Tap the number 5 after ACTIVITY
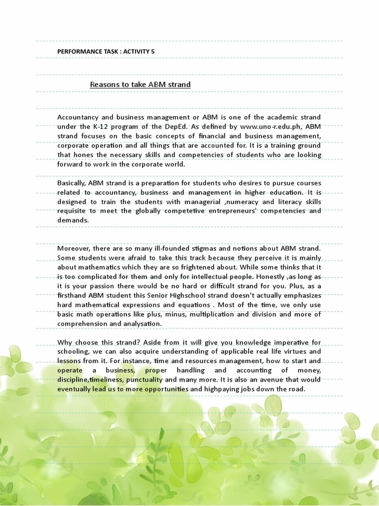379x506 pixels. click(x=152, y=51)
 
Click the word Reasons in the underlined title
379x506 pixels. click(x=104, y=84)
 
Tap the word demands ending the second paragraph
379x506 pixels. click(x=73, y=220)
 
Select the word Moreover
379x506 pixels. click(x=74, y=248)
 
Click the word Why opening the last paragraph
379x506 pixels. click(x=65, y=342)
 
